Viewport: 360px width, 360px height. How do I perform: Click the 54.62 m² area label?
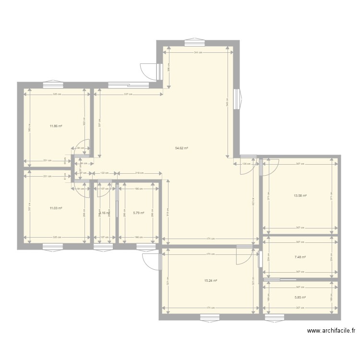click(181, 148)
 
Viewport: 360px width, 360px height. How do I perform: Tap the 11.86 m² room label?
click(56, 126)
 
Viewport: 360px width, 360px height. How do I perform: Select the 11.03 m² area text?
click(56, 208)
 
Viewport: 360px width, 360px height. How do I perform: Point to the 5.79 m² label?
click(139, 213)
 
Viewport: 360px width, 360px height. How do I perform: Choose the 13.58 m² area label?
click(300, 195)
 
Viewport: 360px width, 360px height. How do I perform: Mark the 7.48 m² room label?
click(300, 257)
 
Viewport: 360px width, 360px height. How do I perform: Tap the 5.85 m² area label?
click(300, 297)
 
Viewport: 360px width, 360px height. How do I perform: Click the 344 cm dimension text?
click(198, 52)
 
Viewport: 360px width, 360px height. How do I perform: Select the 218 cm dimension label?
click(140, 173)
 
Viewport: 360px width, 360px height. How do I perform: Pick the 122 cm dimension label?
click(104, 173)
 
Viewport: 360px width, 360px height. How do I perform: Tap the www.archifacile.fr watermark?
click(331, 330)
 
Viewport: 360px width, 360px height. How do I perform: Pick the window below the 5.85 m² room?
click(275, 317)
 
